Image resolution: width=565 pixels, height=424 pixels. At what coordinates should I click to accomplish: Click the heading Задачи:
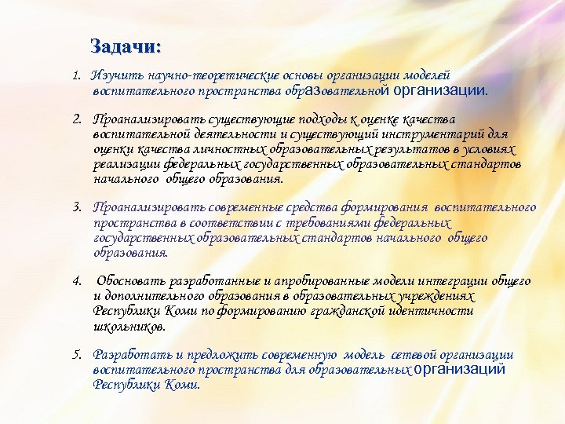[x=126, y=46]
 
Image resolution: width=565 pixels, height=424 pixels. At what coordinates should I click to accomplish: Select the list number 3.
[x=76, y=207]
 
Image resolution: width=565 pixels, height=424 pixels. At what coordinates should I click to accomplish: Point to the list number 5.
[x=76, y=355]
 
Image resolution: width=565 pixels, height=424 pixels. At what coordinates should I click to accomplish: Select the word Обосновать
[x=126, y=281]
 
